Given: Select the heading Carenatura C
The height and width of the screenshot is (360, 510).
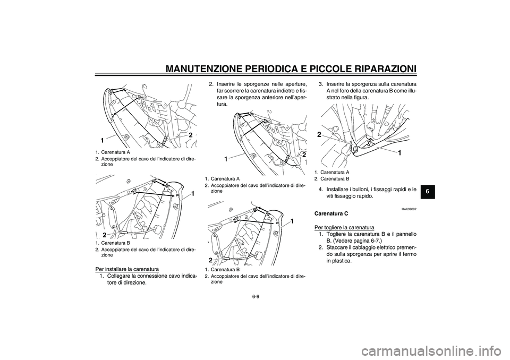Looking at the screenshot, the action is pos(331,213).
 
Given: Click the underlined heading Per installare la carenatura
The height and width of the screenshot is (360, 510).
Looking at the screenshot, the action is pos(127,269).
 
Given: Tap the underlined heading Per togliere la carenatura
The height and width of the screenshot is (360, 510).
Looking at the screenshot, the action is pos(344,227).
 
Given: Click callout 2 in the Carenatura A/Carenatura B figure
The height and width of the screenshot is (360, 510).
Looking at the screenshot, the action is pos(319,134).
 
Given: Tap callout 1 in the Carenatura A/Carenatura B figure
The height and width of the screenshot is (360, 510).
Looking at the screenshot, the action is pos(399,152).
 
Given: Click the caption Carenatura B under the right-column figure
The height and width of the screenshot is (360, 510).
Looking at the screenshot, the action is pos(335,179).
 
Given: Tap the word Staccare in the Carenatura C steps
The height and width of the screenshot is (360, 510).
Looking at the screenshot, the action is pos(336,247).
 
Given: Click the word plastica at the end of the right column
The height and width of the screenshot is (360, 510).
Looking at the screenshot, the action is pos(342,261).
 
